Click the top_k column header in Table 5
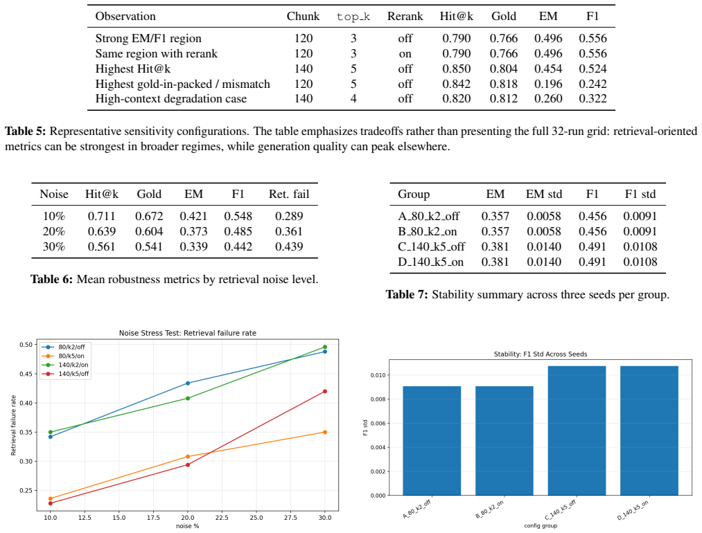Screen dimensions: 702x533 (x=353, y=17)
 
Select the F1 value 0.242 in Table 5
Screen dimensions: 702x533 (x=593, y=84)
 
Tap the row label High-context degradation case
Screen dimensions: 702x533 (x=171, y=99)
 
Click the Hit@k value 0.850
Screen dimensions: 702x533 (x=456, y=69)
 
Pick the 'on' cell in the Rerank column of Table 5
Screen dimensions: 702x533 (x=405, y=54)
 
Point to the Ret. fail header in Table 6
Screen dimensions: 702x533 (x=289, y=194)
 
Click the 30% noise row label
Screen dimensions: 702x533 (x=54, y=247)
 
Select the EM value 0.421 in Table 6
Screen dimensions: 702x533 (x=193, y=217)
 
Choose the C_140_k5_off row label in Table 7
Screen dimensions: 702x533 (x=431, y=247)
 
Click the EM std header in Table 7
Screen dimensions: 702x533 (x=543, y=194)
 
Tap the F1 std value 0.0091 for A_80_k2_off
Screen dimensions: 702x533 (x=640, y=217)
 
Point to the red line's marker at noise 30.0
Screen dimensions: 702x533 (x=325, y=392)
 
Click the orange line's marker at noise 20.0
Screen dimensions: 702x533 (x=188, y=457)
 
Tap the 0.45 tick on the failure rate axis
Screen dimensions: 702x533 (x=26, y=374)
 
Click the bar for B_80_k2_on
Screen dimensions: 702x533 (x=504, y=440)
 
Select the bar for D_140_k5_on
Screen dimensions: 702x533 (x=649, y=431)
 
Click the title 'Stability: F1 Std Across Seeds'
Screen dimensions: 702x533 (x=541, y=354)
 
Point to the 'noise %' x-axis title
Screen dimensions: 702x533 (x=188, y=526)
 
